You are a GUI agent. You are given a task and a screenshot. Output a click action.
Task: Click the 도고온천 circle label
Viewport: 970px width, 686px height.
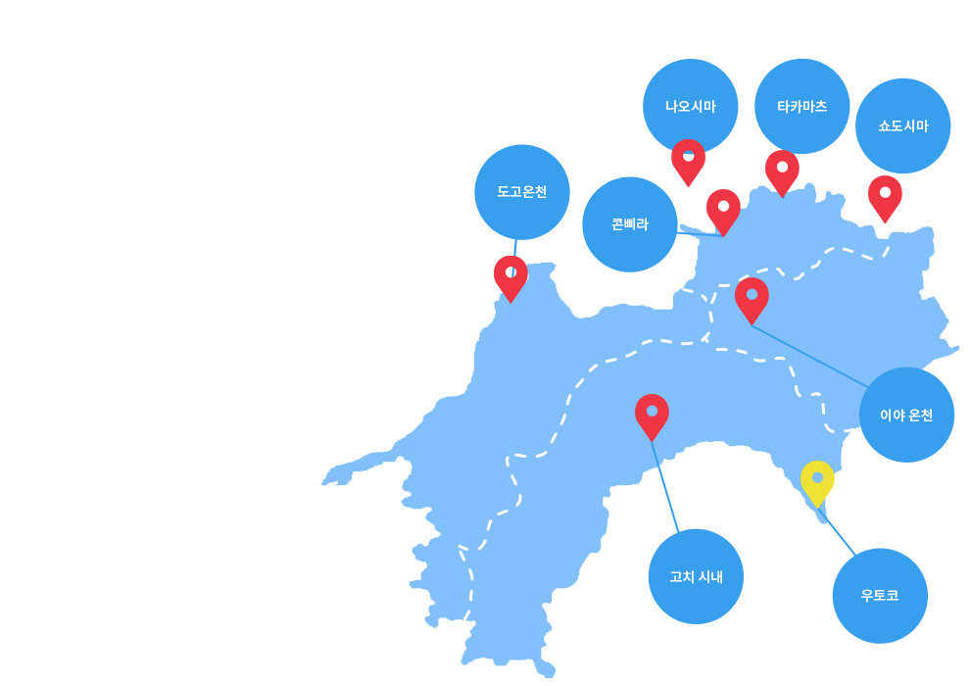(x=522, y=192)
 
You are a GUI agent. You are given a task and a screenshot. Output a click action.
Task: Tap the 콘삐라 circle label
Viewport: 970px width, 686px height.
(x=630, y=224)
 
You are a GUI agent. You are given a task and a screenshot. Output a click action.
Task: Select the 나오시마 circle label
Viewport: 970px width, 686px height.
(x=691, y=107)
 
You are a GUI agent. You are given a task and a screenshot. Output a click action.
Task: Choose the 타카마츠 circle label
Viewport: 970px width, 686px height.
(x=802, y=107)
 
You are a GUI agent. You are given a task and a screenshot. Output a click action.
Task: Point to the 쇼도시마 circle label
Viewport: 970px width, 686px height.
(x=903, y=125)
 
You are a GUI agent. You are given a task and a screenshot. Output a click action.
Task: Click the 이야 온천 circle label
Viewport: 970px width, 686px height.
(x=907, y=415)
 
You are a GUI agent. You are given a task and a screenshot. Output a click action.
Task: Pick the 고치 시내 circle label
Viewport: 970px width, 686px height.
(x=696, y=576)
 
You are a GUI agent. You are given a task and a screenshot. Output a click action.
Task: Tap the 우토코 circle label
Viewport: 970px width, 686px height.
(x=880, y=596)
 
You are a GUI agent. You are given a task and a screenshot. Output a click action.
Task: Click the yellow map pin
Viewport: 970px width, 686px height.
(x=817, y=481)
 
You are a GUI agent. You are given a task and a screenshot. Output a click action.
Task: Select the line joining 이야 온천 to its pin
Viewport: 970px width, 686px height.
(x=809, y=357)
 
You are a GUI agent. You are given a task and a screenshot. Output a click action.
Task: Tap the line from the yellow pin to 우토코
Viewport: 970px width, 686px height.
(x=837, y=531)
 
